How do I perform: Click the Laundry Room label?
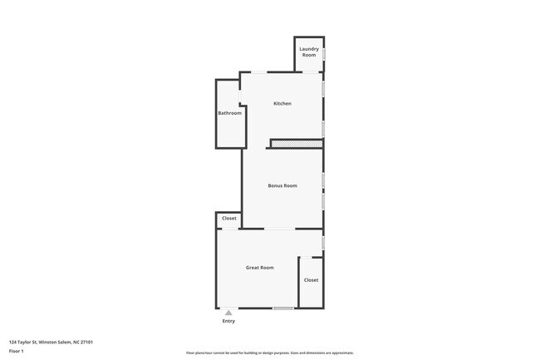click(x=309, y=52)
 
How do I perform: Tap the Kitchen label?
click(x=282, y=103)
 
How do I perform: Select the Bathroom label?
click(x=229, y=113)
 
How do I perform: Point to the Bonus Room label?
click(x=282, y=185)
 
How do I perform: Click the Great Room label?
click(x=259, y=268)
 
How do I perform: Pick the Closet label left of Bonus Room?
click(x=228, y=219)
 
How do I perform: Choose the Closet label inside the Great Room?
click(x=311, y=280)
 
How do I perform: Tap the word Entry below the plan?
click(x=228, y=321)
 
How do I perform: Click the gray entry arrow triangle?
click(x=228, y=313)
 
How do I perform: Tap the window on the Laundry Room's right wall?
click(x=323, y=53)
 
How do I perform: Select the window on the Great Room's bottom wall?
click(x=283, y=308)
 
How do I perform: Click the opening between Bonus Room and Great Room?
click(x=280, y=229)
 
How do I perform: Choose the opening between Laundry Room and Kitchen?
click(x=311, y=72)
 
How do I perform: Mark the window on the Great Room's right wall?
click(x=323, y=242)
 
